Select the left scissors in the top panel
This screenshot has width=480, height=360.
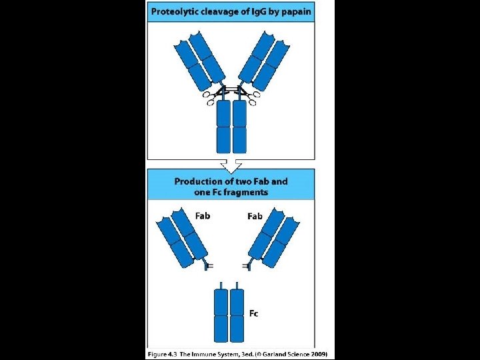[213, 98]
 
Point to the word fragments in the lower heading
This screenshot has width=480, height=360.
[243, 192]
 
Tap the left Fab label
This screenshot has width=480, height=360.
[203, 215]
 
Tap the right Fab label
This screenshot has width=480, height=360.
[255, 216]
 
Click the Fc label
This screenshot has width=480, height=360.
[254, 313]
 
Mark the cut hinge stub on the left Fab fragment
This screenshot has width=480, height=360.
[207, 266]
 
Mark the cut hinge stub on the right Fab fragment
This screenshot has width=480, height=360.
[249, 266]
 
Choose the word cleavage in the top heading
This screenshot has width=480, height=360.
[219, 11]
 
